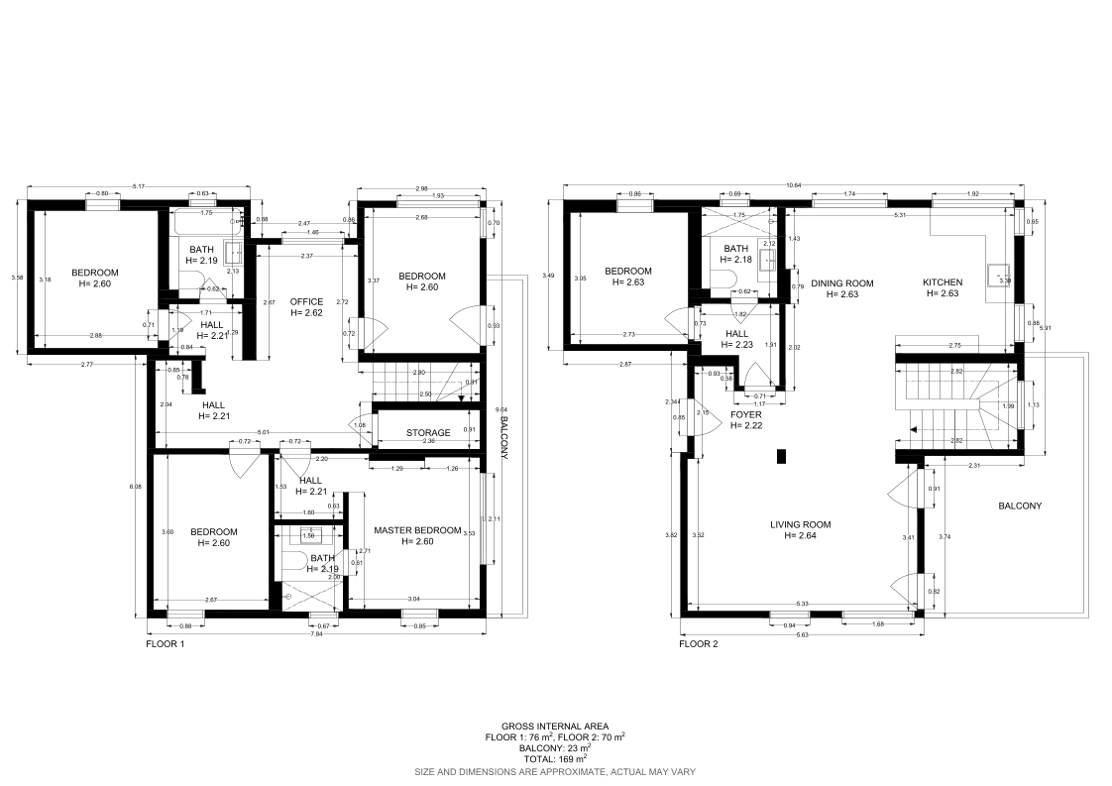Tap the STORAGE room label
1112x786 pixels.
tap(428, 433)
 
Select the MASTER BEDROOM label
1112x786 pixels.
tap(418, 530)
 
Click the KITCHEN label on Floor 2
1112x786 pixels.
tap(944, 282)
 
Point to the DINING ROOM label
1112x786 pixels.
tap(841, 283)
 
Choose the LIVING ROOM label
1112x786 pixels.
tap(800, 524)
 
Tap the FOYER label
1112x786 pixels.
tap(746, 414)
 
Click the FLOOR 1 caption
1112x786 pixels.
tap(166, 643)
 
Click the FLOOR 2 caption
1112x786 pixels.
tap(699, 643)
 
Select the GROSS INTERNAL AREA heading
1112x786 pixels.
tap(556, 727)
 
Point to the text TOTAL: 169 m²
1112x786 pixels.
tap(556, 757)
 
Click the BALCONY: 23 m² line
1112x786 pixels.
tap(556, 747)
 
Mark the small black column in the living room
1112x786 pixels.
tap(781, 456)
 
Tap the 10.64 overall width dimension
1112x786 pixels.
tap(793, 184)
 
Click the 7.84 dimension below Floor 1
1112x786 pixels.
tap(315, 633)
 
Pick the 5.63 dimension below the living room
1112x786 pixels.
tap(800, 633)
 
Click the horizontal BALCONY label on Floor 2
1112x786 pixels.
tap(1020, 505)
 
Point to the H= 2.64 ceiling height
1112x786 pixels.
tap(800, 536)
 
